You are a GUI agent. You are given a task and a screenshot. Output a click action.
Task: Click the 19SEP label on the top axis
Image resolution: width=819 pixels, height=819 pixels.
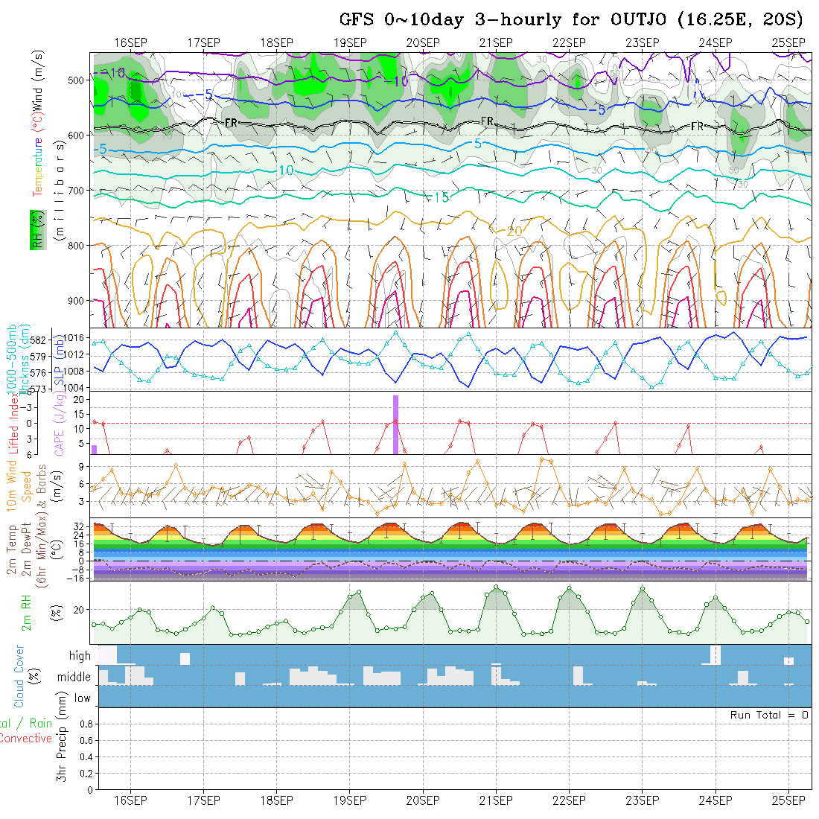click(350, 42)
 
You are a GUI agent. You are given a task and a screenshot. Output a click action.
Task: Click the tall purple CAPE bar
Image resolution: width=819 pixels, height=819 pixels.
click(396, 424)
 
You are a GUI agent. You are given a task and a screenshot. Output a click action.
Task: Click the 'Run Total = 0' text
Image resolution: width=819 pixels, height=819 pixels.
click(769, 715)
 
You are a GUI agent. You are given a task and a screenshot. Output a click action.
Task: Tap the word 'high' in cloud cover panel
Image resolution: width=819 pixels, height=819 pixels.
click(80, 656)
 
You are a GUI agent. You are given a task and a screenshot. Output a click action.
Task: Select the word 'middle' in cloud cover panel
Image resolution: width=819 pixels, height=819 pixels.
click(74, 678)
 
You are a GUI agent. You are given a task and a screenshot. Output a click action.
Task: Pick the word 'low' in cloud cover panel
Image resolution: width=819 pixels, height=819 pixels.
click(82, 698)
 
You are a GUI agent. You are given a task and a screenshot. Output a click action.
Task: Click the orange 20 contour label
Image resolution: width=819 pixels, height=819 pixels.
click(514, 232)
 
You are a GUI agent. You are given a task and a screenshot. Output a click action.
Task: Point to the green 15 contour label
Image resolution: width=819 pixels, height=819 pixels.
click(441, 197)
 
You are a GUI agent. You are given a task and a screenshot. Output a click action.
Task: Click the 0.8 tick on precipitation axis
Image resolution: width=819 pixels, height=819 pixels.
click(84, 724)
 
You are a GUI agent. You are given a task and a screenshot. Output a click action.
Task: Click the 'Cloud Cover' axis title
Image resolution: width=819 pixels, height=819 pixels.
click(19, 676)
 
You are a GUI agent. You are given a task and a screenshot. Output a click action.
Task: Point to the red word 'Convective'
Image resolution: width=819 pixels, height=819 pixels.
click(25, 739)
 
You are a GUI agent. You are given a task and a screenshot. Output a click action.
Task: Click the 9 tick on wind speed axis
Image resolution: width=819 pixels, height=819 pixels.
click(83, 466)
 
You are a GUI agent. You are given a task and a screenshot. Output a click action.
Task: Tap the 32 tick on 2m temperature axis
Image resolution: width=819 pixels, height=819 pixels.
click(81, 526)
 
